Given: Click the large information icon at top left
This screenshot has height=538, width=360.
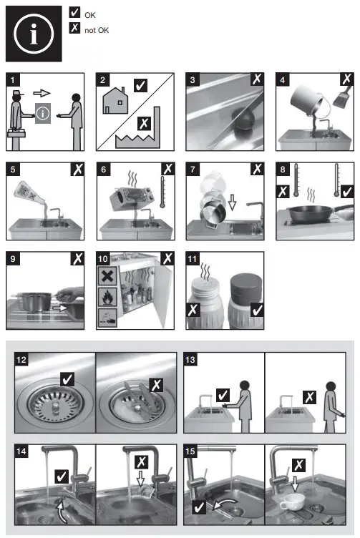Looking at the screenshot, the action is coord(34,34).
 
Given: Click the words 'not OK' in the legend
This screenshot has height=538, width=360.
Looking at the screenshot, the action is coord(97,30).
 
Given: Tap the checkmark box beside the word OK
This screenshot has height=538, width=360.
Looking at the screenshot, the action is coord(74,12).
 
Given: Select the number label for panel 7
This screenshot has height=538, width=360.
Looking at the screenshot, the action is coord(193,169).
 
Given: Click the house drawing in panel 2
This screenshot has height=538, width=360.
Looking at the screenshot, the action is coord(115,101).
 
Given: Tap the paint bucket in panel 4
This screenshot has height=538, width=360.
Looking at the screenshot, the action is coord(306,100).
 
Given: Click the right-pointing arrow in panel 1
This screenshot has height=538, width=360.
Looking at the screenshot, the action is coord(42,93).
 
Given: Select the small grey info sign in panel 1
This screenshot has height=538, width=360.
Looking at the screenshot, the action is coord(43,113).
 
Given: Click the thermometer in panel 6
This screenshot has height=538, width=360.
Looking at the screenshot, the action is coord(162,192).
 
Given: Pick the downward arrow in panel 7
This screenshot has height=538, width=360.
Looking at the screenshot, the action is coord(233,202).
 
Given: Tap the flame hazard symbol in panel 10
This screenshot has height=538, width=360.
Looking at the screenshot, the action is coord(107,297).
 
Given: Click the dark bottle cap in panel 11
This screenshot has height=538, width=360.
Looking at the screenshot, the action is coord(246,287).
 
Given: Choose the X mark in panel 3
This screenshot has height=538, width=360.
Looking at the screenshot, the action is coord(257,79).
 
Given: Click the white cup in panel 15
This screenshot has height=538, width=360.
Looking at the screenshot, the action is coord(293,502).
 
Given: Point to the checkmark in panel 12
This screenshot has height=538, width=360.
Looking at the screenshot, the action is coord(67,379).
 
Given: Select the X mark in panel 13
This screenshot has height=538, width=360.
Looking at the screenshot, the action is coord(310,397).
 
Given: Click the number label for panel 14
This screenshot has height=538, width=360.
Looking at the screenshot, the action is coord(21,451).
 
